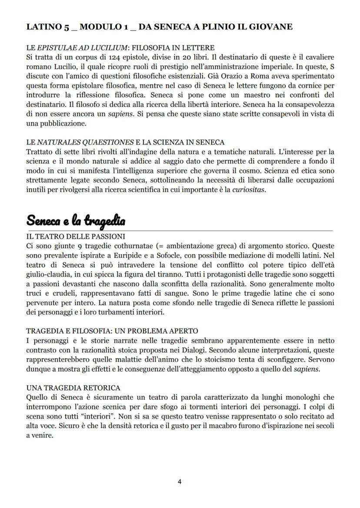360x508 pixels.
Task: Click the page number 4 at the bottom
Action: pos(180,481)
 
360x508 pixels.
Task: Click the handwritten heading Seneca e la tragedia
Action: pos(76,221)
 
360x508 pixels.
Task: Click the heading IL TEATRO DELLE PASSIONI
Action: pos(76,236)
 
